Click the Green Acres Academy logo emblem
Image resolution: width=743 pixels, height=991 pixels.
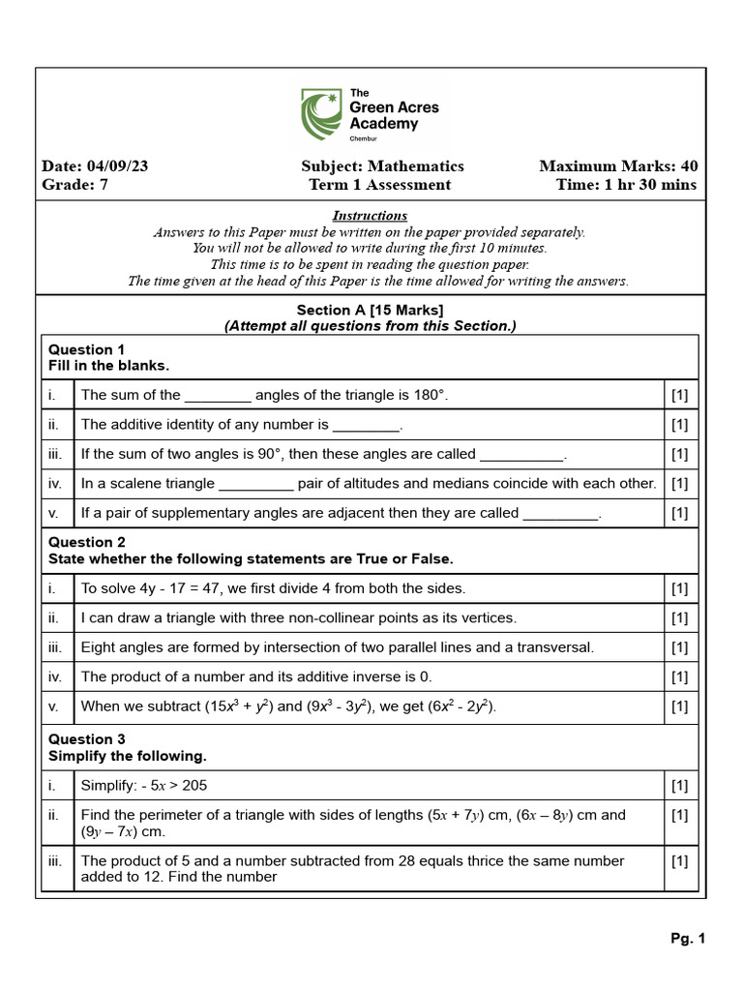pyautogui.click(x=320, y=114)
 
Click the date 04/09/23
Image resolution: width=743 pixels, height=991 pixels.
pyautogui.click(x=117, y=166)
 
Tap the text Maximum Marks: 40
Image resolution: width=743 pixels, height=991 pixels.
pyautogui.click(x=617, y=166)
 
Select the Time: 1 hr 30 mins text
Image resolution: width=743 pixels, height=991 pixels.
pyautogui.click(x=626, y=185)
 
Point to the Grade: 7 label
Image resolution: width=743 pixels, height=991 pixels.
pyautogui.click(x=75, y=185)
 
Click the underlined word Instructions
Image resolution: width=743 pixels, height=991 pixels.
pyautogui.click(x=370, y=216)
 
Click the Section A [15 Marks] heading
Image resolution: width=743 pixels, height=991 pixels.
pyautogui.click(x=370, y=310)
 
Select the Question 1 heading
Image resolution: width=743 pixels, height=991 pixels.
pyautogui.click(x=87, y=349)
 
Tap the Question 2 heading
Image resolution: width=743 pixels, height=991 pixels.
pyautogui.click(x=87, y=542)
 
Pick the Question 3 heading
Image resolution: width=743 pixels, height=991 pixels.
pyautogui.click(x=87, y=739)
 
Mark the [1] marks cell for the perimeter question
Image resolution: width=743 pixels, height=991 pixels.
pyautogui.click(x=679, y=815)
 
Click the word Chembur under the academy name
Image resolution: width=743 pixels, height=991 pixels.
pyautogui.click(x=376, y=139)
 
